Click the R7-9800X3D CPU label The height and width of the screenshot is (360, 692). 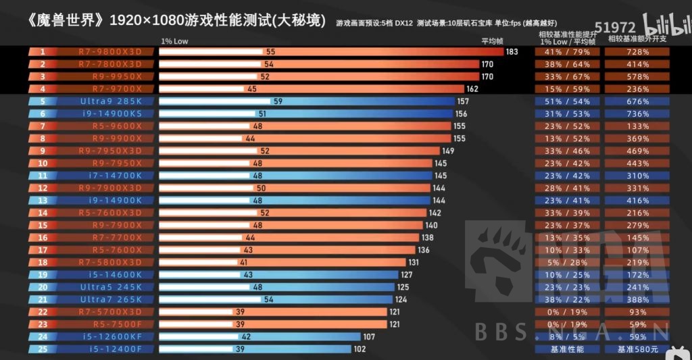point(108,52)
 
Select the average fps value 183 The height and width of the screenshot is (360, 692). point(512,52)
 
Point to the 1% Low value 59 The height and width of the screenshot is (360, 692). point(276,101)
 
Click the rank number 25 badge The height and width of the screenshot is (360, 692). point(43,349)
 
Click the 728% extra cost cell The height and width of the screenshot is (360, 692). point(637,52)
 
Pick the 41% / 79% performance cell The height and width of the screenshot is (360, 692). point(567,52)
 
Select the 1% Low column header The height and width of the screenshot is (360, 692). point(174,41)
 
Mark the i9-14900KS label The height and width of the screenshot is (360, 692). point(111,114)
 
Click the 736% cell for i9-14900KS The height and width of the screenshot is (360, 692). point(637,114)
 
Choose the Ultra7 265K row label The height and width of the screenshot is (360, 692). point(111,299)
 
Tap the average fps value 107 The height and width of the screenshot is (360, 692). point(369,336)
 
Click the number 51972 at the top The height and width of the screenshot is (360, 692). point(616,28)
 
